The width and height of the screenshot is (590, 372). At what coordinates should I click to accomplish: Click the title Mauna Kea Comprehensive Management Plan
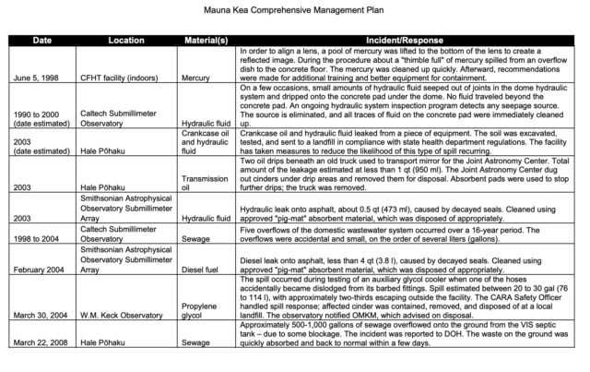(296, 14)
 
